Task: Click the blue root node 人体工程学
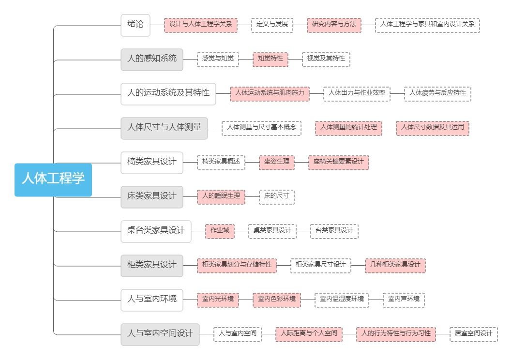coord(53,180)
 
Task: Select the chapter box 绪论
coord(136,25)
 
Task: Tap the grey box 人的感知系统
coord(152,60)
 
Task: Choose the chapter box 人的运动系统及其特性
coord(168,93)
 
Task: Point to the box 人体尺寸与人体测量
coord(164,128)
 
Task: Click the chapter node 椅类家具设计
coord(152,163)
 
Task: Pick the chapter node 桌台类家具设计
coord(156,231)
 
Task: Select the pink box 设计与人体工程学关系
coord(201,25)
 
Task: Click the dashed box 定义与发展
coord(272,25)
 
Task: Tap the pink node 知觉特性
coord(271,60)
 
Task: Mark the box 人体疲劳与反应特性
coord(437,93)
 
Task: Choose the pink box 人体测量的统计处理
coord(349,128)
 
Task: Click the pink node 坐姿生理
coord(277,163)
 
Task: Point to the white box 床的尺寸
coord(277,197)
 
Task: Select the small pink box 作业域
coord(220,231)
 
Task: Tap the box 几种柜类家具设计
coord(395,266)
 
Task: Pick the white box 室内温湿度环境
coord(342,300)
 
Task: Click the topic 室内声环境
coord(404,300)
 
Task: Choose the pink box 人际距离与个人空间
coord(309,334)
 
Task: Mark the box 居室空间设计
coord(473,334)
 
